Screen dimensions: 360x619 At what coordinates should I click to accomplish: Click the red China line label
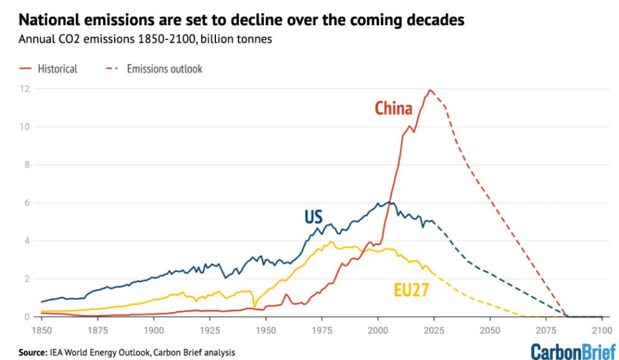(393, 108)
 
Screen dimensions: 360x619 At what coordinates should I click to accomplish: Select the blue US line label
(313, 217)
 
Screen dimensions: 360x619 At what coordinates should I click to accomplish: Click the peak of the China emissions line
(430, 90)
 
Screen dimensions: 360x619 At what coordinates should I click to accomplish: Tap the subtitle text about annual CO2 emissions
(145, 39)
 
